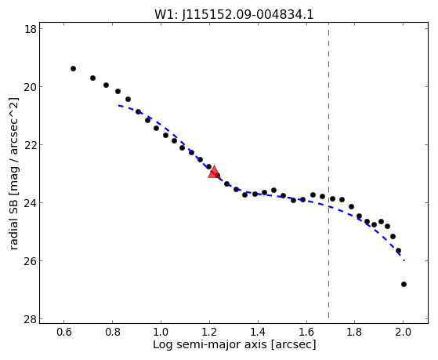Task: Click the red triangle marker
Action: coord(214,172)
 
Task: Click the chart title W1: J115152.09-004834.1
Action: coord(234,14)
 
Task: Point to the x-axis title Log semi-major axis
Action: coord(209,344)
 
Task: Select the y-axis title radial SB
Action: coord(13,224)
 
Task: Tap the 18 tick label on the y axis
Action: coord(31,29)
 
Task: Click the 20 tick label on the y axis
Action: coord(31,87)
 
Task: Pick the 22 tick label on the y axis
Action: coord(31,145)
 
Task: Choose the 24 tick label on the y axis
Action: coord(31,203)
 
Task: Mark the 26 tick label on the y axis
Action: coord(31,261)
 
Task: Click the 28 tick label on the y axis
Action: coord(31,319)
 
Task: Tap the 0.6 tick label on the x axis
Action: coord(64,332)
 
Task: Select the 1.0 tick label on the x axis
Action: coord(161,332)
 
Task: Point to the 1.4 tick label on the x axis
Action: coord(258,332)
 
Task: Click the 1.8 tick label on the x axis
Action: coord(355,332)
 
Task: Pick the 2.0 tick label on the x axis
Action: coord(403,332)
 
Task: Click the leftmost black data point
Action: coord(73,68)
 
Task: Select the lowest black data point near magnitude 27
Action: coord(404,284)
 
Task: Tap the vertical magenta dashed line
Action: coord(328,170)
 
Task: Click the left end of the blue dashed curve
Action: coord(118,105)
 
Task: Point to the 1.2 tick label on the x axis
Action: coord(209,332)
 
